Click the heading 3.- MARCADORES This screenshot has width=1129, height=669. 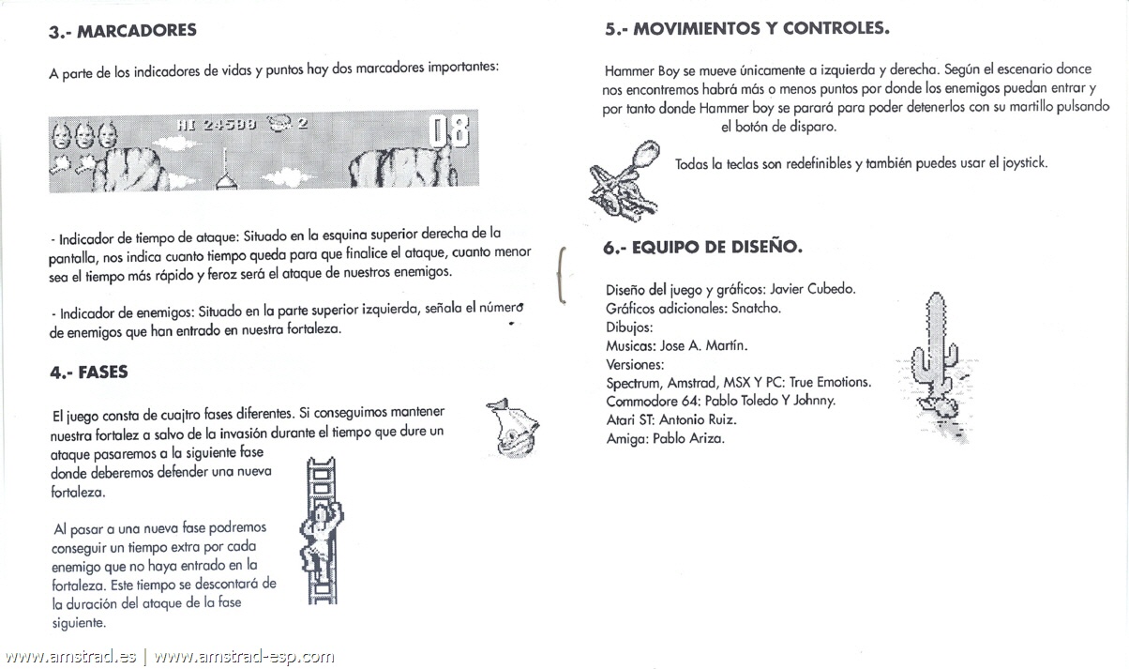coord(123,31)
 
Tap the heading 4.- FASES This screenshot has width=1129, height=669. coord(89,373)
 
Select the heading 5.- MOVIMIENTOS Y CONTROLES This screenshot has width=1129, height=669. coord(746,28)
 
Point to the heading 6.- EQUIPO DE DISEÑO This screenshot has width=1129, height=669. coord(702,249)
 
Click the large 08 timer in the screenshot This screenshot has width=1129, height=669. coord(448,133)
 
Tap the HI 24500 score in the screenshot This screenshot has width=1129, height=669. coord(216,124)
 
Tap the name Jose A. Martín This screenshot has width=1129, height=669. coord(703,345)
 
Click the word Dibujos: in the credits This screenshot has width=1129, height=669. coord(629,327)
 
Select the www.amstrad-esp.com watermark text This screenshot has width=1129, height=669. coord(243,657)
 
